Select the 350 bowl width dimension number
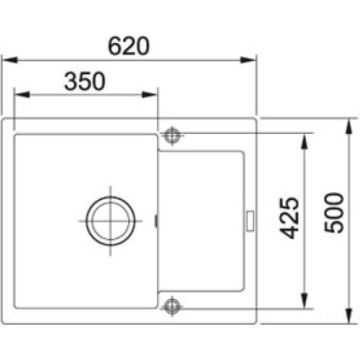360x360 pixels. pos(85,81)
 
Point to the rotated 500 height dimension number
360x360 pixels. pos(333,212)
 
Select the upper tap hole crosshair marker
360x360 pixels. pos(172,134)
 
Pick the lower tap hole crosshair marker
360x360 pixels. pos(172,306)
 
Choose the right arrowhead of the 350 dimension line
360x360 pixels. pos(153,94)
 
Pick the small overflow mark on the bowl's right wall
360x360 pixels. pos(156,220)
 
